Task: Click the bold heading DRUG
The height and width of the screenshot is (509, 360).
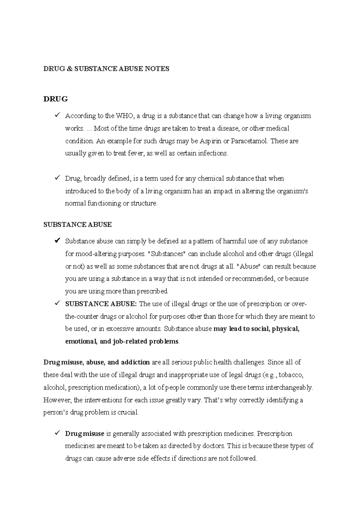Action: pyautogui.click(x=55, y=99)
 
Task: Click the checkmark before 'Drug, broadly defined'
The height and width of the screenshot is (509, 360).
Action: pyautogui.click(x=57, y=178)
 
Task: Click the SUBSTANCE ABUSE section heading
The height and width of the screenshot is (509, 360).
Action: pyautogui.click(x=77, y=225)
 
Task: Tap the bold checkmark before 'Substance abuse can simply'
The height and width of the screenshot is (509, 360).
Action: pyautogui.click(x=57, y=241)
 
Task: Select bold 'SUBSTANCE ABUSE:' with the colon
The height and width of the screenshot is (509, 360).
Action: pyautogui.click(x=101, y=304)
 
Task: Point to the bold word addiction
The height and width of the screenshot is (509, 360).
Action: pyautogui.click(x=135, y=362)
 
